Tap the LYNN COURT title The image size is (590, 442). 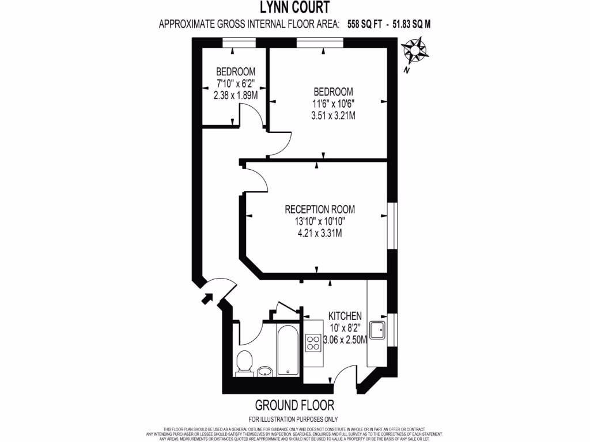(294, 7)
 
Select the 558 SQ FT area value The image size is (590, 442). (369, 24)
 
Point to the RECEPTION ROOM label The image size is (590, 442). (319, 209)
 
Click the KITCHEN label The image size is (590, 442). (345, 316)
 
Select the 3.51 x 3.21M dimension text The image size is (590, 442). (332, 115)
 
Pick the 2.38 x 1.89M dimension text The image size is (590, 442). (236, 95)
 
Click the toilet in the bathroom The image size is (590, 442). (244, 361)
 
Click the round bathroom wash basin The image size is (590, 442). (265, 371)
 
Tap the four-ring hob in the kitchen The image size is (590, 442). (313, 343)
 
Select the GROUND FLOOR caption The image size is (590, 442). (294, 405)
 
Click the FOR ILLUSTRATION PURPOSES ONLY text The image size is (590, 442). (294, 419)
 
